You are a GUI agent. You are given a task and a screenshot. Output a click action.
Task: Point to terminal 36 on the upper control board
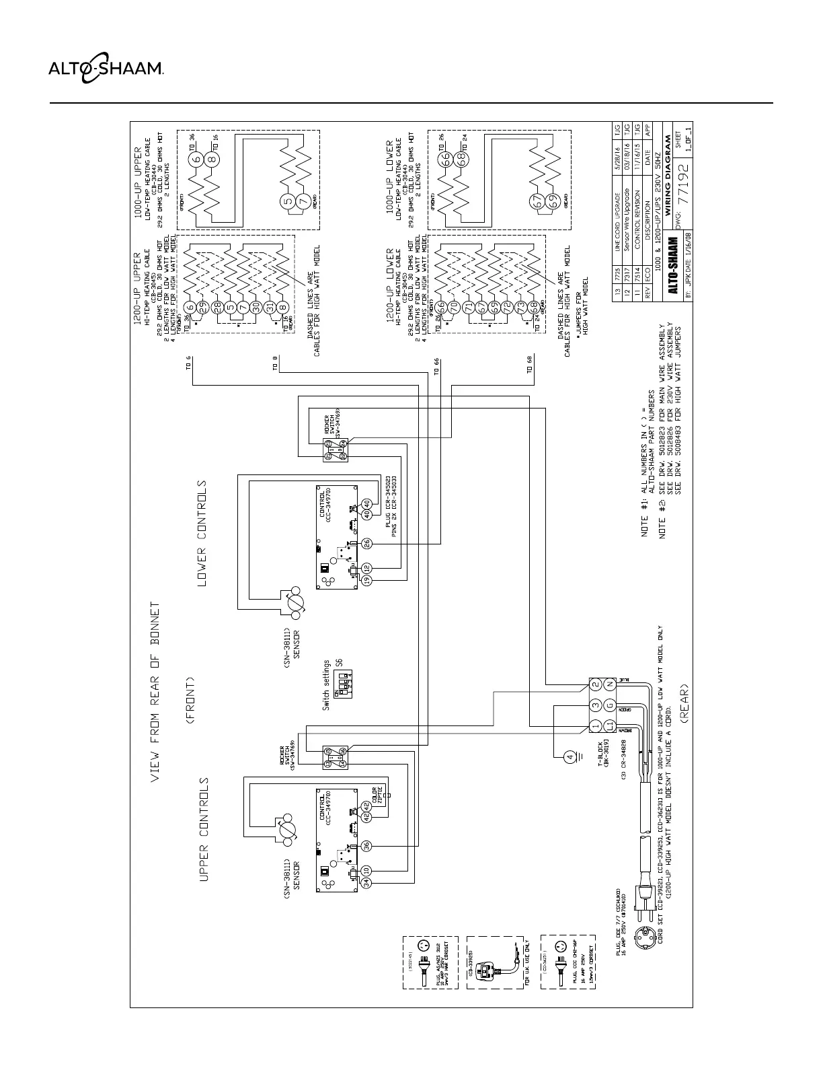coord(366,846)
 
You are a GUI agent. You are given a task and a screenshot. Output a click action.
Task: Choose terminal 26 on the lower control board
coord(366,543)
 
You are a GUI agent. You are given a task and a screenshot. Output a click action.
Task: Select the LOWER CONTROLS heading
coord(202,533)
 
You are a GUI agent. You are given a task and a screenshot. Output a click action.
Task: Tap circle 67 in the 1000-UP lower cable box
coord(537,201)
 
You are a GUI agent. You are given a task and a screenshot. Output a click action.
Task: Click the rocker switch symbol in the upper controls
coord(334,757)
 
